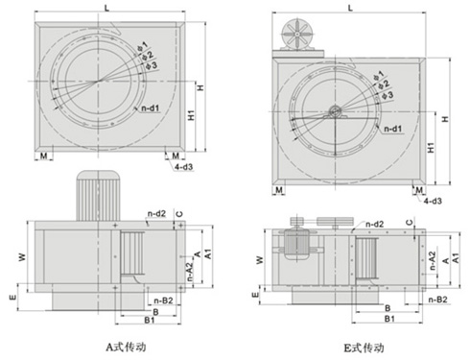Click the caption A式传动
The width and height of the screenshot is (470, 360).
point(127,347)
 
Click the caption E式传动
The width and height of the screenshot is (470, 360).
point(364,348)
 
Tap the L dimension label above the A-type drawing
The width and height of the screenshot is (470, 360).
point(106,8)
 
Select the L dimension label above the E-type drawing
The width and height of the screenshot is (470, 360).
point(350,8)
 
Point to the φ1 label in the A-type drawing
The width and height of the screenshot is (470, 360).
point(142,46)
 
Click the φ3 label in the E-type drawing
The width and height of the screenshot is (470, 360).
point(387,95)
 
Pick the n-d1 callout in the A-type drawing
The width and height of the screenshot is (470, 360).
point(150,108)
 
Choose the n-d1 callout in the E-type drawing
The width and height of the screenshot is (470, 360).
point(392,129)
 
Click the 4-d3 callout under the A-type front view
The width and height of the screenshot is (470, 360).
point(183,166)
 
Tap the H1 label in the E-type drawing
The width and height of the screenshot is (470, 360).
point(431,148)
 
